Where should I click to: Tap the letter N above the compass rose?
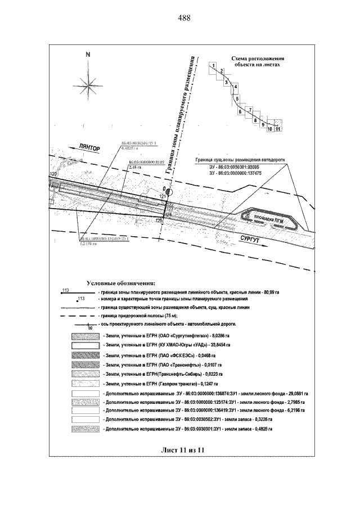tap(88, 55)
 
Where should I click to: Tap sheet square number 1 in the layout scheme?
tap(213, 66)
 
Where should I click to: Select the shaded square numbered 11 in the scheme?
tap(278, 129)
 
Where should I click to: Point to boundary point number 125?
tap(159, 220)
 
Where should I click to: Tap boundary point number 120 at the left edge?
tap(54, 175)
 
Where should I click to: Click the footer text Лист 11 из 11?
tap(181, 450)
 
